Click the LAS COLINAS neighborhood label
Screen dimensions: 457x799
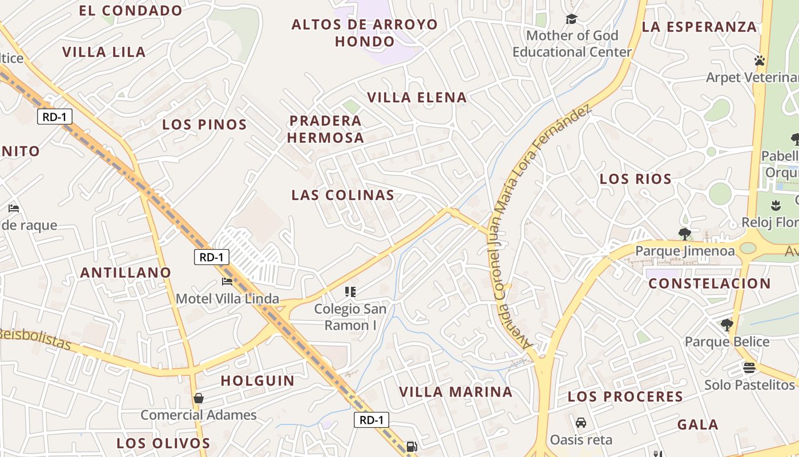342,195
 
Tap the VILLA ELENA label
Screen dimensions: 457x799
417,97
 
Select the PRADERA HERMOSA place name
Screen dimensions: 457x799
325,129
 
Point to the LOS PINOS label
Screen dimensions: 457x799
204,125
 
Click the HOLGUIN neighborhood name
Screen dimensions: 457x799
257,380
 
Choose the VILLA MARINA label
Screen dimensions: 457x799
455,392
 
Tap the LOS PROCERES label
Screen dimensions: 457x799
625,396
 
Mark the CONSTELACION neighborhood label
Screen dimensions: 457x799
709,283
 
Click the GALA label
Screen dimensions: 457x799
697,424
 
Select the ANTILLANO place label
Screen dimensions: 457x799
126,272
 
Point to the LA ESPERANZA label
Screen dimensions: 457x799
699,27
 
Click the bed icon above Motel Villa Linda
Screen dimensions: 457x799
227,281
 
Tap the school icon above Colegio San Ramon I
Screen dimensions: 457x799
350,292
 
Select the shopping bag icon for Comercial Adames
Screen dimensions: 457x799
199,398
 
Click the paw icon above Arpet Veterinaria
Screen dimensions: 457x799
759,60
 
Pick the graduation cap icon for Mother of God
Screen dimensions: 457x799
571,19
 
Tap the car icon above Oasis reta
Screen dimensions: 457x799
581,423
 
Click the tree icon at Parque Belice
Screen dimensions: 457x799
727,325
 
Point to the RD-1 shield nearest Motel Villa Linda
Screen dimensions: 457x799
211,257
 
